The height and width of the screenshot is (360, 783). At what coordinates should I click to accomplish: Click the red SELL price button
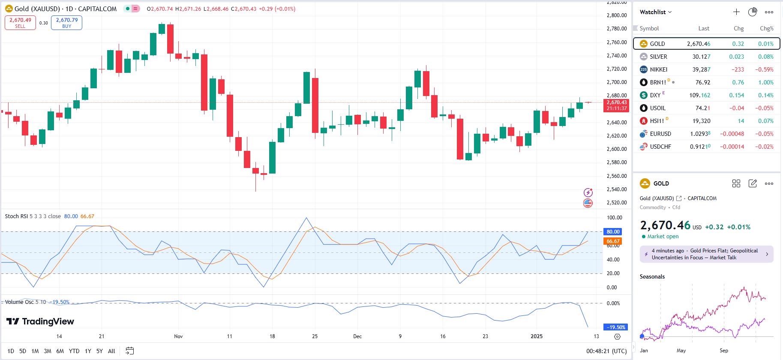20,23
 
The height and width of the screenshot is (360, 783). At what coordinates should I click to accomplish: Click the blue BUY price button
66,23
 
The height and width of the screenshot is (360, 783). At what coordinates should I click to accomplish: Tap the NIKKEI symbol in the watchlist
658,69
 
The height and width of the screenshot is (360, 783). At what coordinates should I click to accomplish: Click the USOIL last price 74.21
702,108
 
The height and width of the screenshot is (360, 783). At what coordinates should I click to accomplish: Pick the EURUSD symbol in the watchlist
660,134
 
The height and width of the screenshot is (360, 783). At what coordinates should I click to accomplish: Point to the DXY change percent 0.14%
765,95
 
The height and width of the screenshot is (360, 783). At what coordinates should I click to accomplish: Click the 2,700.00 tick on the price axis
616,82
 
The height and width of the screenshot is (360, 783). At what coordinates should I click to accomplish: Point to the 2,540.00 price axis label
616,189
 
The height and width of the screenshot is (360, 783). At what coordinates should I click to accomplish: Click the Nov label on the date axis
178,336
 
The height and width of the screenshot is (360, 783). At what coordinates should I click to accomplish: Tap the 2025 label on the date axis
536,336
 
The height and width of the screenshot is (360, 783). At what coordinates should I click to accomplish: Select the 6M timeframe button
60,351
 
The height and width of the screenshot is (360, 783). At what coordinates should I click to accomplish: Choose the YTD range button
74,351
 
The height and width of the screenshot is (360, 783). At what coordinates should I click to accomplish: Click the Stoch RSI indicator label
17,216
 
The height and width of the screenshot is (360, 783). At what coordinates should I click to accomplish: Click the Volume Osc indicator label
19,302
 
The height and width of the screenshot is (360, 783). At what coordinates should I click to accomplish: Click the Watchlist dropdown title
655,12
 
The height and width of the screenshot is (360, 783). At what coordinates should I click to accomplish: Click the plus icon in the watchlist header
736,12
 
